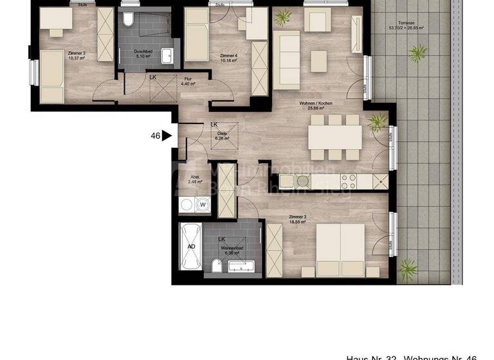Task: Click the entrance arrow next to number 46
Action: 167,136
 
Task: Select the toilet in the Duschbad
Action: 128,20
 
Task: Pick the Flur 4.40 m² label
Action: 187,81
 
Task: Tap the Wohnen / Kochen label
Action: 315,106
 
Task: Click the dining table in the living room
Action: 334,137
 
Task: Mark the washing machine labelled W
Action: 203,206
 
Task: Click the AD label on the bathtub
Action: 191,246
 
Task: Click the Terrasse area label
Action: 404,26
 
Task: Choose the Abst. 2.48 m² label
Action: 195,179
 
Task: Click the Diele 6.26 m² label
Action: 223,136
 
